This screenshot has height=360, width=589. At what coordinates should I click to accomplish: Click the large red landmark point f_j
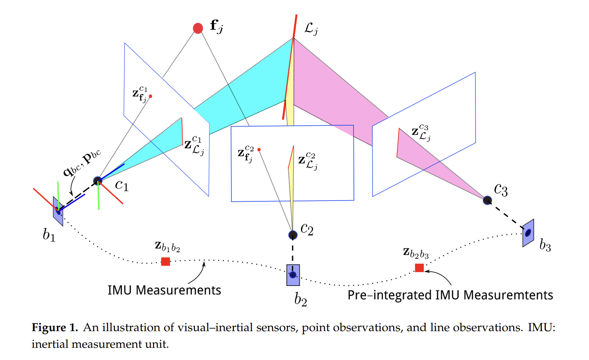tap(198, 28)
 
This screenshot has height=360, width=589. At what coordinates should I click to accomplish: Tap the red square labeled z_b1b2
tap(166, 262)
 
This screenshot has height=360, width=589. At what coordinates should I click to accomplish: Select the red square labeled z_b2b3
tap(419, 268)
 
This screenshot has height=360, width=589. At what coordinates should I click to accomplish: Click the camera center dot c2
tap(293, 235)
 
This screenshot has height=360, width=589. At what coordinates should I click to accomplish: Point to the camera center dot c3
tap(487, 200)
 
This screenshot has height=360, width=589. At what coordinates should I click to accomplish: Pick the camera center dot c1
tap(98, 181)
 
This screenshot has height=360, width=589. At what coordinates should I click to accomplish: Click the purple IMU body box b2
tap(293, 275)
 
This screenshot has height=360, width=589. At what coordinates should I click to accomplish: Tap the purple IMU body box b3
tap(528, 233)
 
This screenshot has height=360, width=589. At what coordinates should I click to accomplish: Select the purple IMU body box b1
tap(58, 211)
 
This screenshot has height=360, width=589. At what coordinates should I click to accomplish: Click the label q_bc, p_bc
tap(82, 162)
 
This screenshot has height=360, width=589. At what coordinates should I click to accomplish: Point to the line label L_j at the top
tap(311, 28)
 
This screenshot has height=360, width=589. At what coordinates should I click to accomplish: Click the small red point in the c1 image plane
tap(151, 96)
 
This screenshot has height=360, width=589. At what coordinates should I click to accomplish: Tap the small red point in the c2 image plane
tap(259, 150)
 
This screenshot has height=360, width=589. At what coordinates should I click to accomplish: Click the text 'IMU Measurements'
tap(164, 290)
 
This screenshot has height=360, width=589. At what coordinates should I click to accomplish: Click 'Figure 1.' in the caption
tap(55, 327)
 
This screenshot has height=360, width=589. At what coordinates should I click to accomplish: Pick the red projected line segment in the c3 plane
tap(398, 142)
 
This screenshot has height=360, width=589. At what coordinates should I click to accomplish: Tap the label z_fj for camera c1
tap(140, 94)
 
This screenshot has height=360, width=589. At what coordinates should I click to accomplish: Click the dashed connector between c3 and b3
tap(506, 214)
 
